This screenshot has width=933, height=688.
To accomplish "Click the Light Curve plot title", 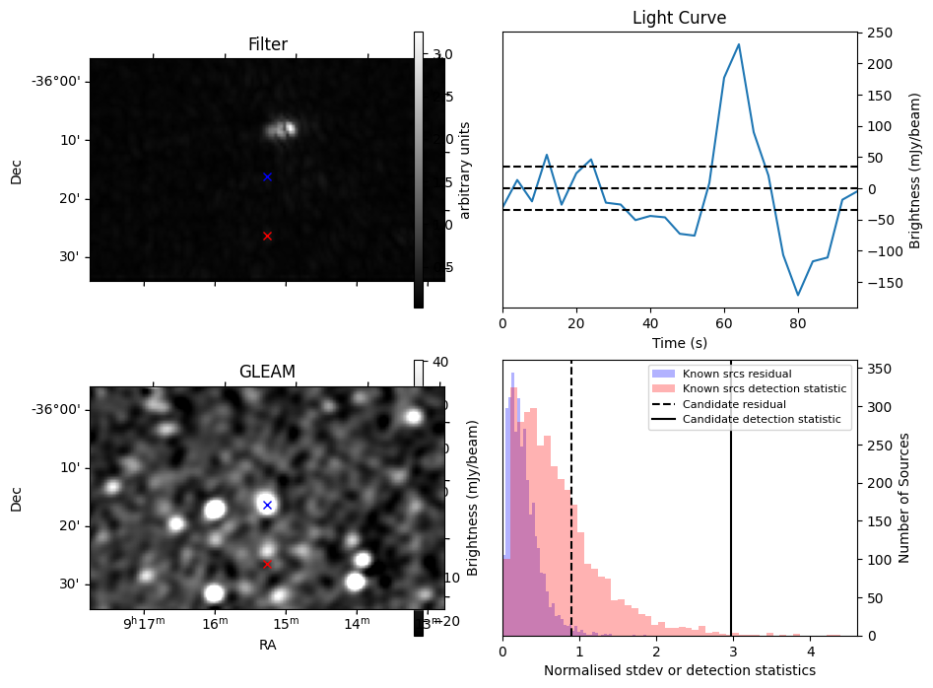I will tap(679, 18).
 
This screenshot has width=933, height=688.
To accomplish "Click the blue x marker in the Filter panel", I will tap(267, 177).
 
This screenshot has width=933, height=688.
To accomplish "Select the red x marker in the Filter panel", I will tap(267, 236).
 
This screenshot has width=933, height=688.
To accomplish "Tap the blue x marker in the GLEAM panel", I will tap(267, 505).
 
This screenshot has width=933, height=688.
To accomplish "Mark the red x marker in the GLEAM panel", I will tap(267, 564).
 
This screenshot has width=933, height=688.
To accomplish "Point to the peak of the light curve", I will tap(739, 44).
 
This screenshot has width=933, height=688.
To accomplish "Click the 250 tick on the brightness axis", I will tap(876, 34).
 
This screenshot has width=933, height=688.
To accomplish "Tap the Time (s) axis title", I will tap(679, 342).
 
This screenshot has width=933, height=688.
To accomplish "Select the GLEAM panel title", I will tap(267, 372).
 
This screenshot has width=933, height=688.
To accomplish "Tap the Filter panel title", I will tap(267, 44).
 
